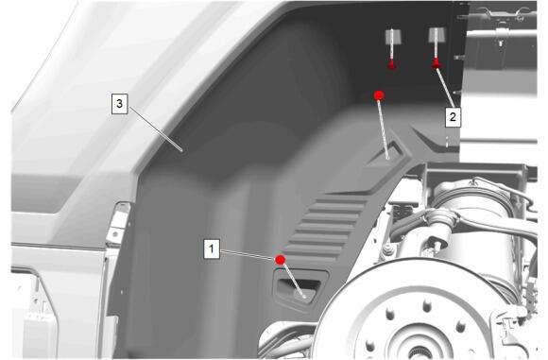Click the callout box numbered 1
212,249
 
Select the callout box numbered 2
453,116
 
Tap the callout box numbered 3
120,103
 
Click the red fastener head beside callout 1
281,260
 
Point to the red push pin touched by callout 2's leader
436,63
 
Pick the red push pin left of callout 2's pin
392,64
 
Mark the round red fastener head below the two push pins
379,95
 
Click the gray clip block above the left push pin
393,37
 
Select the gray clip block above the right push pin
437,35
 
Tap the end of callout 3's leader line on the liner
181,150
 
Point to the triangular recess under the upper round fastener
387,154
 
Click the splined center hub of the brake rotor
419,350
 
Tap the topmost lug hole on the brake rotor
427,306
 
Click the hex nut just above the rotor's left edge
387,249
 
